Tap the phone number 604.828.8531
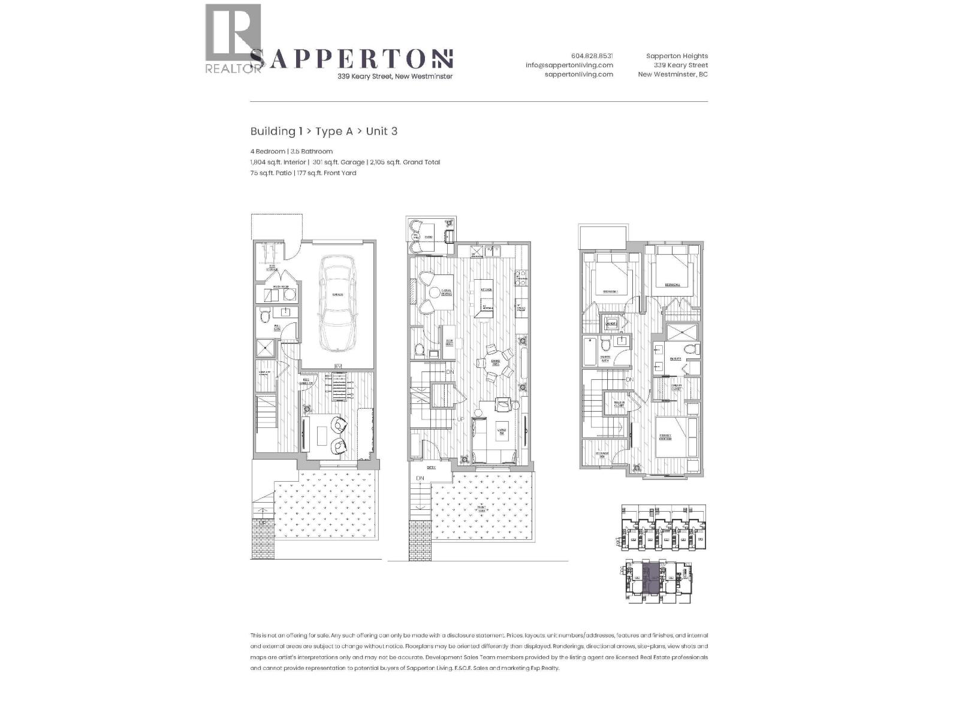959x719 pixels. [x=592, y=56]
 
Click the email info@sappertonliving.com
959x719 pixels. [x=569, y=65]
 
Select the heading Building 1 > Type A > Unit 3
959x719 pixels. [x=324, y=131]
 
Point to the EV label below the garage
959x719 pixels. [x=337, y=367]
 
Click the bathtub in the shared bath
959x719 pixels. [x=590, y=352]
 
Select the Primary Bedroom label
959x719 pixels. [x=665, y=437]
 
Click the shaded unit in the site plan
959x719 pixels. [x=650, y=578]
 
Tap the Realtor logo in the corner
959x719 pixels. [x=233, y=39]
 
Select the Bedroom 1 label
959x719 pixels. [x=610, y=291]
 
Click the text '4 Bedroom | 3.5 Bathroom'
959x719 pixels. [x=291, y=152]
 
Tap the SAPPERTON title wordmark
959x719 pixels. [x=351, y=59]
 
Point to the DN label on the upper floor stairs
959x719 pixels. [x=629, y=380]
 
